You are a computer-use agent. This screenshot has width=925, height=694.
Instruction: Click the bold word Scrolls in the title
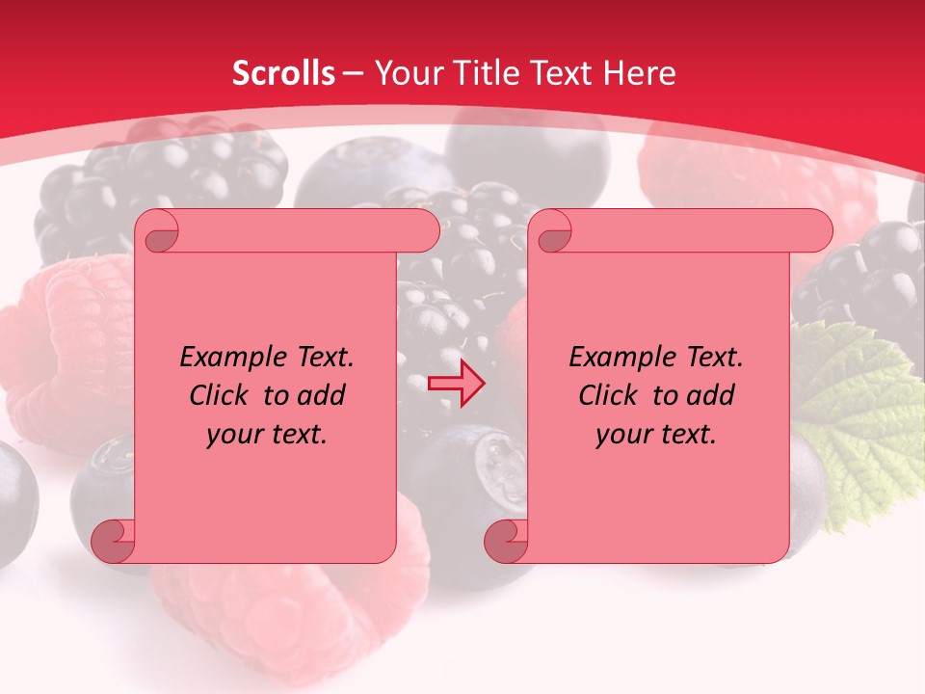point(284,73)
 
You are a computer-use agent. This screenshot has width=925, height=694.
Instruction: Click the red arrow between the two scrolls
point(456,384)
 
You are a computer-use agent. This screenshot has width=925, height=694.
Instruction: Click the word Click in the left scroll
point(221,395)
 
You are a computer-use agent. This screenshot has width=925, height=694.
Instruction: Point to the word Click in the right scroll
point(610,395)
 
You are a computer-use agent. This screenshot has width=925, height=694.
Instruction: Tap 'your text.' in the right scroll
point(656,435)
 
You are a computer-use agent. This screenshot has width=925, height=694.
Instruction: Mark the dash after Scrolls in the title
point(353,73)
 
